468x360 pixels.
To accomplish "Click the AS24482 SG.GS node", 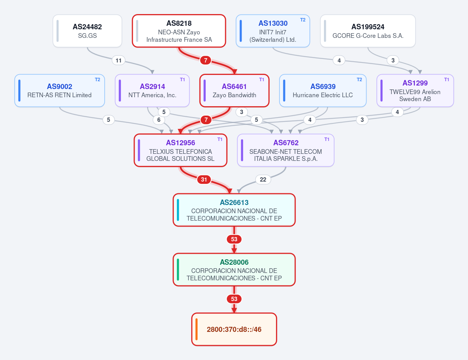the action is point(87,31).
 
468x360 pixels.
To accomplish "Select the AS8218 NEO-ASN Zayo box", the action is point(179,31).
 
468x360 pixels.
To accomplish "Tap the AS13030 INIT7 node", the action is point(273,31).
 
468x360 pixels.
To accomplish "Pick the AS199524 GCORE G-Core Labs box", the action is point(368,31).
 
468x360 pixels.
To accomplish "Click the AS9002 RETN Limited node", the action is point(59,91).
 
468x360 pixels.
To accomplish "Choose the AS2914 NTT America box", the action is point(152,91).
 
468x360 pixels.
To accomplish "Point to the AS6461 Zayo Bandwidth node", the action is point(234,91).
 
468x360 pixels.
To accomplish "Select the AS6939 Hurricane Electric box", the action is point(323,91).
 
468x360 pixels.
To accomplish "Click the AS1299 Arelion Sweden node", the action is point(415,91).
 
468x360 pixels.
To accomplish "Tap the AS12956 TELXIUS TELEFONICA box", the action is point(180,150).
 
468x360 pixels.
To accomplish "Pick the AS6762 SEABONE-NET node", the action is point(286,150).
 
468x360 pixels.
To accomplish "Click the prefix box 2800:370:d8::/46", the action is point(234,329).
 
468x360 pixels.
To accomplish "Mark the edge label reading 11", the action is point(119,61).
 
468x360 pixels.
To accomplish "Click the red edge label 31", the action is point(204,179).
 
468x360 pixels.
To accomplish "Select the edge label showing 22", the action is point(263,179).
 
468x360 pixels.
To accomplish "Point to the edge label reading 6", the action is point(159,120).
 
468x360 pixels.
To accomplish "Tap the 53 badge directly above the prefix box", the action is point(234,299).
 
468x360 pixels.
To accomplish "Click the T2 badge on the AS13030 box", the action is point(303,20).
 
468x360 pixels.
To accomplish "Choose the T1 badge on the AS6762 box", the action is point(327,139).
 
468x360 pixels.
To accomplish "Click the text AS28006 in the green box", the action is point(234,262).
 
